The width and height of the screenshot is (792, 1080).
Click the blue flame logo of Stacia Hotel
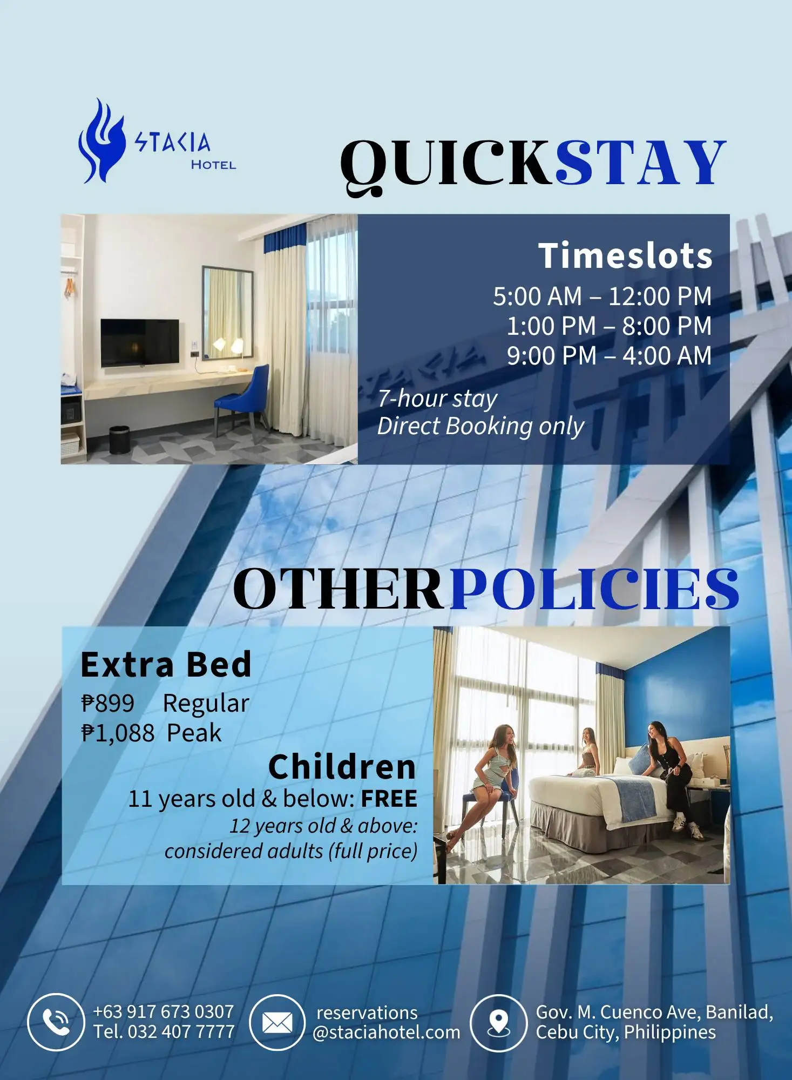coord(101,141)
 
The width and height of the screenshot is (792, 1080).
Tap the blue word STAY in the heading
coord(641,162)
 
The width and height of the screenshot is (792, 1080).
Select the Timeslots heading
coord(625,255)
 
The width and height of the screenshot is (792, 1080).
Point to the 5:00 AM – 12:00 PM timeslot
coord(602,296)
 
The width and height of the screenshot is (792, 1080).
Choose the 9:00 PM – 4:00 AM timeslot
coord(609,355)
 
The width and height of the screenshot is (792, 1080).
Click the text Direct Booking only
coord(480,426)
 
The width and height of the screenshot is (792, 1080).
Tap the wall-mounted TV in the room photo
coord(140,342)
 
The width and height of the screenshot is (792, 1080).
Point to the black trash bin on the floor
coord(119,440)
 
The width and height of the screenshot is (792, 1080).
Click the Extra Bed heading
coord(166,664)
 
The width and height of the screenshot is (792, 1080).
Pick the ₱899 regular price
coord(107,703)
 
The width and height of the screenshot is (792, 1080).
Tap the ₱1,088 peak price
coord(118,733)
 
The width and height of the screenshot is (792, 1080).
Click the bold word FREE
coord(389,799)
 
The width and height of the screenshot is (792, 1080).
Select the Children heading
coord(342,767)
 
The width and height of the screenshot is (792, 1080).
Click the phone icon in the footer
coord(56,1022)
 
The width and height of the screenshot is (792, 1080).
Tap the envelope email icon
coord(277,1022)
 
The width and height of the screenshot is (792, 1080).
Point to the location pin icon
coord(498,1023)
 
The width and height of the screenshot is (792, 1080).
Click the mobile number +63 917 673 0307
coord(164,1011)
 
